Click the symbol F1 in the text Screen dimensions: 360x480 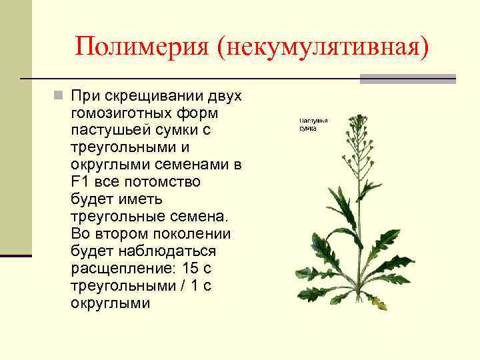[79, 182]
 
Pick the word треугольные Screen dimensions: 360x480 [116, 217]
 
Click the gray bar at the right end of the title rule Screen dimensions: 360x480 [407, 79]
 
